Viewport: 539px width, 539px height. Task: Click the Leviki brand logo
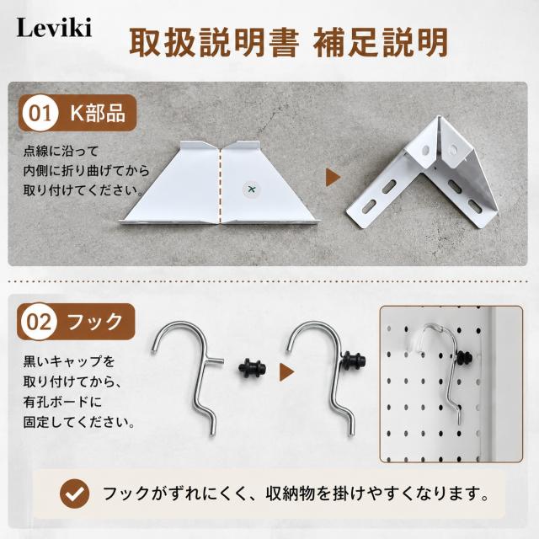point(54,28)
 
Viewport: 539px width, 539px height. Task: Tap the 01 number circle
point(40,113)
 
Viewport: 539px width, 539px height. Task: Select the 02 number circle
point(39,322)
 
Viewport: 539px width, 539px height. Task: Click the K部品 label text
point(98,113)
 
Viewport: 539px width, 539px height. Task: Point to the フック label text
point(95,322)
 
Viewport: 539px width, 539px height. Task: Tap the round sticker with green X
point(252,189)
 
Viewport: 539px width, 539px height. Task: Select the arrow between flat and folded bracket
point(333,178)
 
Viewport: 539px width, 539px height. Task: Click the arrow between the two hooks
point(286,372)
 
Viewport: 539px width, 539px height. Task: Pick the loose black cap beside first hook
point(252,368)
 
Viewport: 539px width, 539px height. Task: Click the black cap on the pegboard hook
point(464,359)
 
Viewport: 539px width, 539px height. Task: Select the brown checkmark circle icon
point(75,494)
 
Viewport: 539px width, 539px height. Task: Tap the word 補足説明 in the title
point(380,43)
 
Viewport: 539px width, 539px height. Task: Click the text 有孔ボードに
point(62,402)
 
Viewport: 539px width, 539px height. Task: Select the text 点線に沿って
point(61,151)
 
